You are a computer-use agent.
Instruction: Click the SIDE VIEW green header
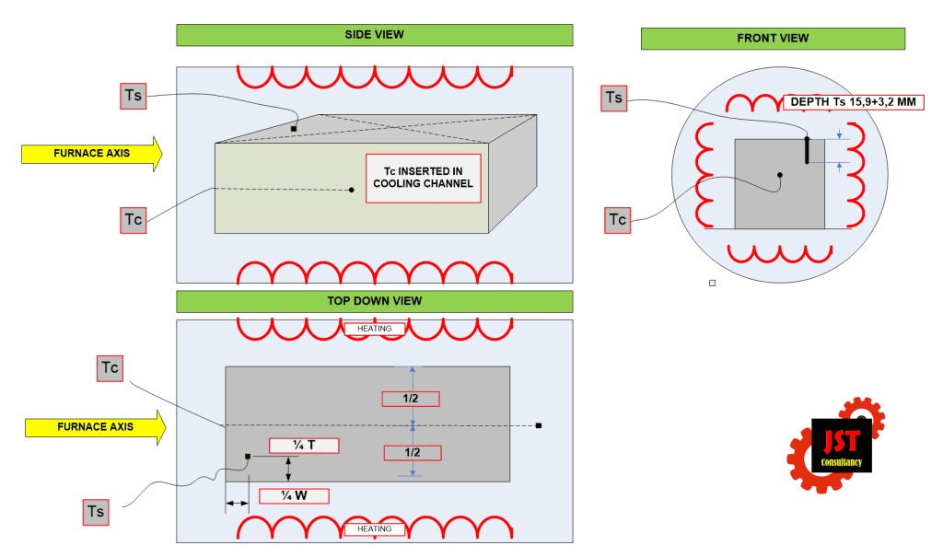tap(374, 35)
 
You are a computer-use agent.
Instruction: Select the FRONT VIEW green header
tap(773, 39)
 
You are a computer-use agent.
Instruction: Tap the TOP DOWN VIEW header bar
tap(374, 301)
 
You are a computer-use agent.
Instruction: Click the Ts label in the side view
tap(134, 96)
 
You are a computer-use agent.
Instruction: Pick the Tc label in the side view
tap(134, 220)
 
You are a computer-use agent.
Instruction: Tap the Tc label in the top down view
tap(110, 368)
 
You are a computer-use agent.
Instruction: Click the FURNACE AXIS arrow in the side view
tap(91, 153)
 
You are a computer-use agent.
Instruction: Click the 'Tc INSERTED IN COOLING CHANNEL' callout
tap(423, 178)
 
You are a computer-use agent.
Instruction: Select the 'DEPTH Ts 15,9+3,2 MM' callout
tap(853, 102)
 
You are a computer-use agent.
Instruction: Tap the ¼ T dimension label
tap(304, 446)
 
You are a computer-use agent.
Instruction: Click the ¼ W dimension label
tap(293, 495)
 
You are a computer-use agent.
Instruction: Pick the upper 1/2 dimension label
tap(411, 399)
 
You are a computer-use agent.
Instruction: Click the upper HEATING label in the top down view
tap(374, 329)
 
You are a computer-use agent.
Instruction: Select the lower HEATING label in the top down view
tap(374, 529)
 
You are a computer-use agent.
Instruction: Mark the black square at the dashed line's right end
tap(539, 425)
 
